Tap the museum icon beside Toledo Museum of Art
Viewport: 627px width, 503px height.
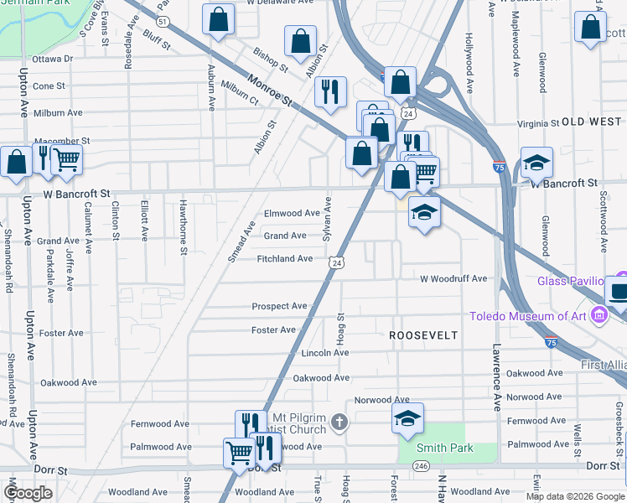[598, 316]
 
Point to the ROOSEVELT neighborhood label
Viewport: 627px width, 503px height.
[423, 335]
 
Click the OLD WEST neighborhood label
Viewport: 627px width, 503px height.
[592, 122]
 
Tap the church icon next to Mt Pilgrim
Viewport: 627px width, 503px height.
[339, 422]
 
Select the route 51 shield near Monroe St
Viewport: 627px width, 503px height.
[164, 21]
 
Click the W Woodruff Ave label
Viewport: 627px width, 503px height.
[453, 278]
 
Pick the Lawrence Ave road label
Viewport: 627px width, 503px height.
[497, 376]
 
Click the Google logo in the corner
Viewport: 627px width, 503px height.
[28, 493]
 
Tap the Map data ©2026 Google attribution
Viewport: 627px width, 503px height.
[575, 495]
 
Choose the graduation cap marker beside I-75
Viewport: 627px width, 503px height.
[536, 163]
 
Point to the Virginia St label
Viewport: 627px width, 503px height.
[538, 123]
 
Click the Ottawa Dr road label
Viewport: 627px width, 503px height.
[53, 60]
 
